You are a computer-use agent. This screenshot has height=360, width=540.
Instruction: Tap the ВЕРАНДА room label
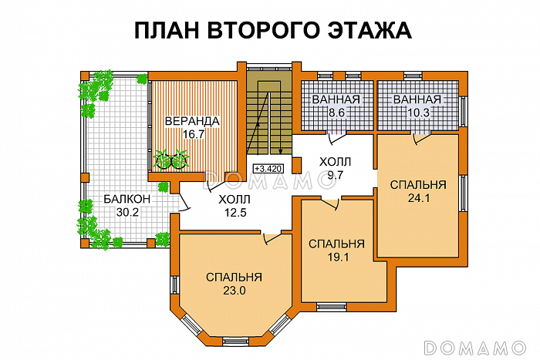tap(192, 121)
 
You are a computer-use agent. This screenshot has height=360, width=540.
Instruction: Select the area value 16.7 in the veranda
tap(192, 133)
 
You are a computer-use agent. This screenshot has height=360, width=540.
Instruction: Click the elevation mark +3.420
tap(268, 167)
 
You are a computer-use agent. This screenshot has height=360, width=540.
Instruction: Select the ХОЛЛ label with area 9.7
tap(335, 162)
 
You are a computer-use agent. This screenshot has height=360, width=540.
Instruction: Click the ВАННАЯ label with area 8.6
tap(335, 100)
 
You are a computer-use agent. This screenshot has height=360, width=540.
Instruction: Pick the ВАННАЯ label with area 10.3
tap(417, 100)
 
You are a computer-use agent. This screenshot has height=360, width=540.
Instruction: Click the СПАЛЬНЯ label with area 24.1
tap(417, 185)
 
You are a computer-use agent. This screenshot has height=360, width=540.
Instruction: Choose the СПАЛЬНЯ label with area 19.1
tap(336, 244)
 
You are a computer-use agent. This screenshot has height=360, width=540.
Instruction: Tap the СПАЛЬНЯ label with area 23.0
tap(235, 278)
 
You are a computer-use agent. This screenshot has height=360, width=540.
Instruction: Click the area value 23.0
tap(235, 291)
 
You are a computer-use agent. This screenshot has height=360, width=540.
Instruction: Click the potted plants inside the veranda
tap(171, 159)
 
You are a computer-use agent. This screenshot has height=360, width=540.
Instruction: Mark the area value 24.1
tap(417, 198)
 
